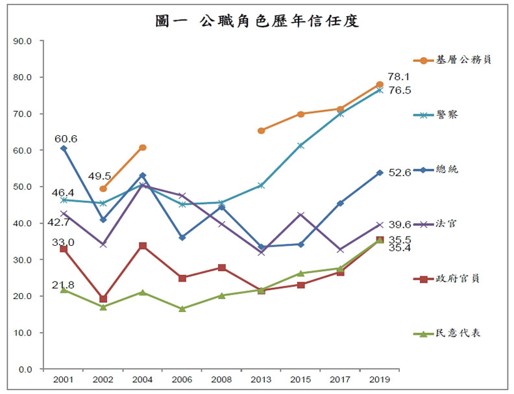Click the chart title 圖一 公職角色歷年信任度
[257, 21]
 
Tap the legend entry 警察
[447, 114]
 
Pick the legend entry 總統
[447, 169]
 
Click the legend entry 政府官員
[458, 278]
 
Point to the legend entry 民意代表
[458, 334]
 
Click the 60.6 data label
[66, 138]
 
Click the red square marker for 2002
[103, 299]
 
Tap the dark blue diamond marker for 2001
[64, 148]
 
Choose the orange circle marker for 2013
[261, 131]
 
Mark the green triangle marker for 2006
[182, 309]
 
